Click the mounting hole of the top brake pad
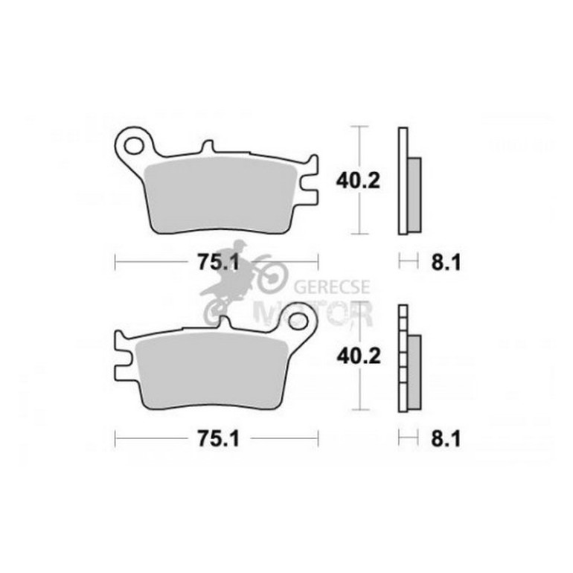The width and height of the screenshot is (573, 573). pos(133,145)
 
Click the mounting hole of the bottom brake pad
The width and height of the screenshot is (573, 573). pos(297,321)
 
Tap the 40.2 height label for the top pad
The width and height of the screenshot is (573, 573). pos(358,181)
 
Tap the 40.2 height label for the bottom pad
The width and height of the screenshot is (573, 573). pos(359,356)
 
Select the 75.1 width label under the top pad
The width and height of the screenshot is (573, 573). pos(218,262)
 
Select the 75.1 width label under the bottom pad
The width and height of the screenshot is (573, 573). pos(218,438)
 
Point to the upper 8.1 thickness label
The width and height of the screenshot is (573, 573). pos(446,263)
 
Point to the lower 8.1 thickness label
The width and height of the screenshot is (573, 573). pos(446,438)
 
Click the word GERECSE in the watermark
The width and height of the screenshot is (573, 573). pos(332,286)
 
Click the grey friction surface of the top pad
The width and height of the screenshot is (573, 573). pos(220,196)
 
